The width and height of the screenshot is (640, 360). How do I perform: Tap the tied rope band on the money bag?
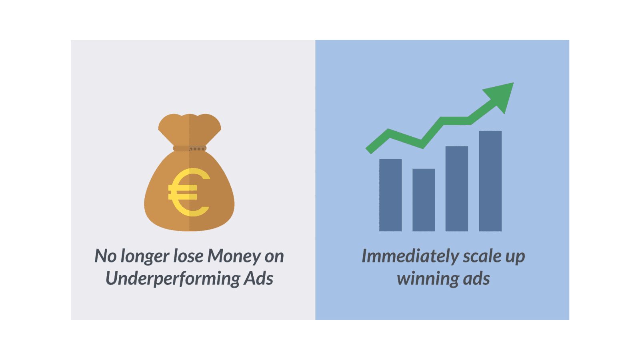click(190, 148)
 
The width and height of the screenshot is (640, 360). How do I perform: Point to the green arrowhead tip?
click(514, 83)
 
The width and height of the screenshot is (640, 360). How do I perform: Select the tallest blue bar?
click(490, 181)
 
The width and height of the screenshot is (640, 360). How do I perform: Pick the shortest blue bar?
click(424, 200)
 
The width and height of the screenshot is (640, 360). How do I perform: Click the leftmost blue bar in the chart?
click(390, 195)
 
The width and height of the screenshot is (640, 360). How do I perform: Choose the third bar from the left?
click(456, 188)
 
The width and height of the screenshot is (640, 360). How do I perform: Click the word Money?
click(234, 256)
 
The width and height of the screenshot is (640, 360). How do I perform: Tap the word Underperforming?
click(173, 278)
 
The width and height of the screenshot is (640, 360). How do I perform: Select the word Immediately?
click(410, 256)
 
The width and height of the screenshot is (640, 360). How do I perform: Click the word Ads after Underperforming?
click(258, 278)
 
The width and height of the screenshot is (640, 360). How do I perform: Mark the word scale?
click(482, 256)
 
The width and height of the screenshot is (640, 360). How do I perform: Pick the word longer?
click(145, 256)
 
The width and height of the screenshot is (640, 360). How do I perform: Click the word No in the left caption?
click(106, 256)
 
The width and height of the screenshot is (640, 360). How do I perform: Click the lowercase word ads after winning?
click(476, 278)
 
